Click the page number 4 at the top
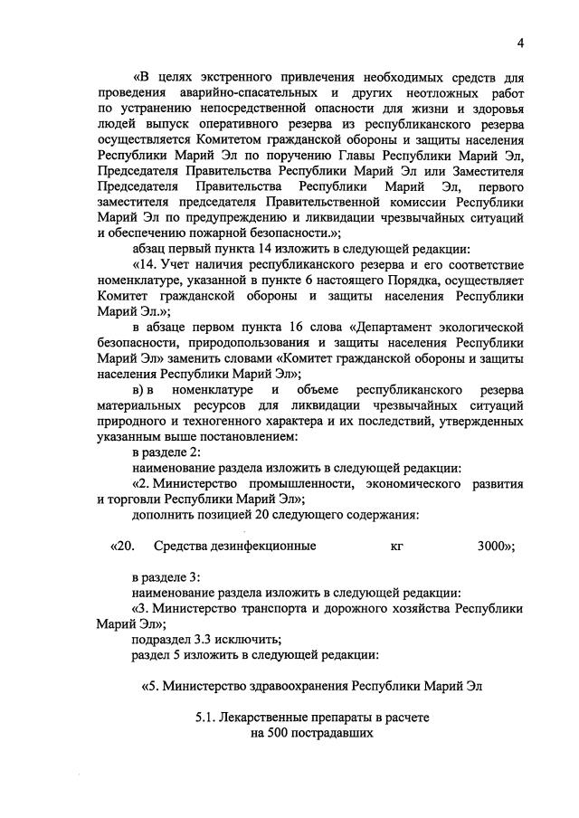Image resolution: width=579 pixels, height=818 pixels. coord(521,43)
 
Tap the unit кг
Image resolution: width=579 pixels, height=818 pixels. coord(396,546)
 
